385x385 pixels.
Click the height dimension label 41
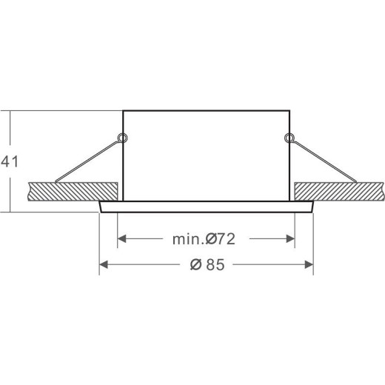point(10,162)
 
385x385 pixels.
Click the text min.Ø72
point(204,239)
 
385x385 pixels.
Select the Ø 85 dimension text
point(207,264)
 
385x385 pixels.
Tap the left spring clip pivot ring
point(123,138)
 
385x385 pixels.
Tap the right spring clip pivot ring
point(289,138)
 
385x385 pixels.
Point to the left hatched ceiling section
point(73,192)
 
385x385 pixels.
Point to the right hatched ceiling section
point(339,192)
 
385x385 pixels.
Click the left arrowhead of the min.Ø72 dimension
point(122,238)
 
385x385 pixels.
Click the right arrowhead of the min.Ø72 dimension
point(290,238)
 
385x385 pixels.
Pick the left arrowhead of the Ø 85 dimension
point(104,264)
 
